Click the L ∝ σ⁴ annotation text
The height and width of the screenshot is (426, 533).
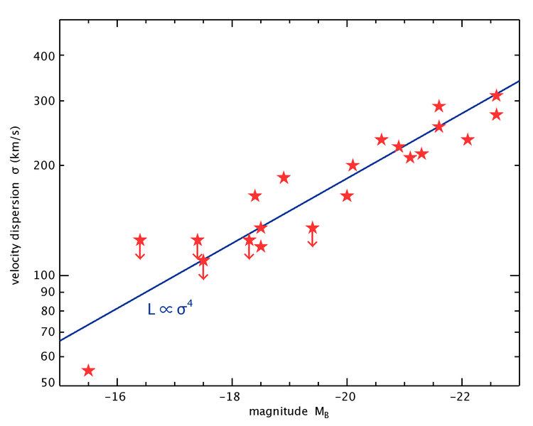170,309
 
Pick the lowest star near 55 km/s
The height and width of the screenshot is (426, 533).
88,370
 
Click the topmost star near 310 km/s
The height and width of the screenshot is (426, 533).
496,95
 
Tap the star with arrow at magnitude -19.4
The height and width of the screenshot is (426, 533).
312,228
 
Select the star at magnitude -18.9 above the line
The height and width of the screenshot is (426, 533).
284,177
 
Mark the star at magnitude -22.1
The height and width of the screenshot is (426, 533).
468,139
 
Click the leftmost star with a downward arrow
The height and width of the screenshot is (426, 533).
140,240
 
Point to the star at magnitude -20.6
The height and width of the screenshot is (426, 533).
381,139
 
